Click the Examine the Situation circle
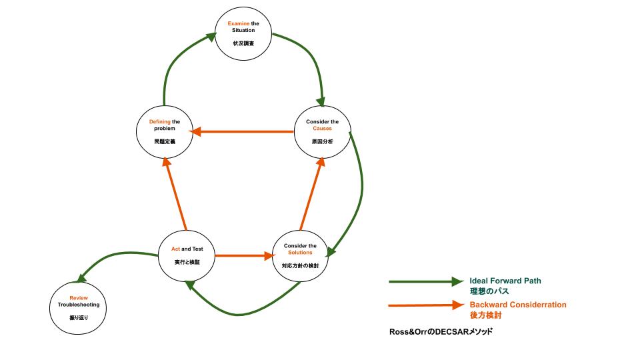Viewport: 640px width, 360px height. [x=243, y=34]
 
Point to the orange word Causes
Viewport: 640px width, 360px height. [x=323, y=129]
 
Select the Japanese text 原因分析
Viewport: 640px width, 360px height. [x=323, y=142]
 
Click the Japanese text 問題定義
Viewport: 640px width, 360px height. [x=163, y=142]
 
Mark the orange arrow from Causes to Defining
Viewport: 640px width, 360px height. [x=243, y=132]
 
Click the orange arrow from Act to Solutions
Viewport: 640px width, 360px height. [x=244, y=255]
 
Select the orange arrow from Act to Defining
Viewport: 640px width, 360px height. [x=175, y=193]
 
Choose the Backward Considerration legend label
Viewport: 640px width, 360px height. [x=518, y=305]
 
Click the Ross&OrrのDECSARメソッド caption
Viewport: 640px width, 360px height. [x=441, y=331]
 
